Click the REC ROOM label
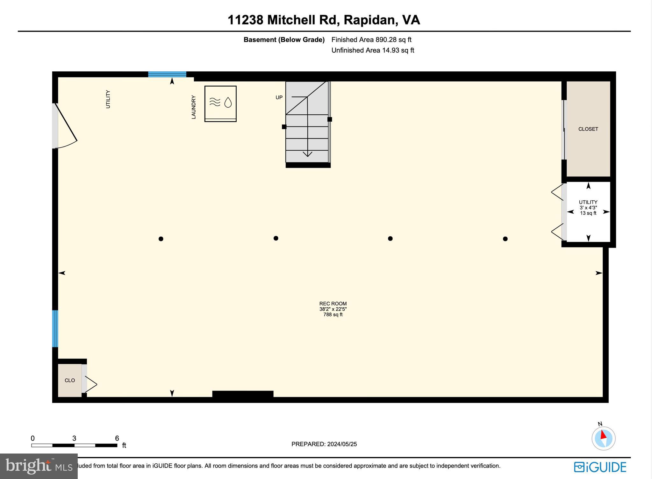333,304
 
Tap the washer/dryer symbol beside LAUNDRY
220,104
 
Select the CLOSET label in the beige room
588,129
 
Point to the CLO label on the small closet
70,380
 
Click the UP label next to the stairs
279,97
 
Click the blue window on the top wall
167,74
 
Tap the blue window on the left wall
55,328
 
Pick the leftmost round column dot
161,239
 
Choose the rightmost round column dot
505,239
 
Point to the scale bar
74,445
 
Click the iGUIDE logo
600,467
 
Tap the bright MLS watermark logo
39,466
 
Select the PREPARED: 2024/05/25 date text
324,444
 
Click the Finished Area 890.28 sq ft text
371,40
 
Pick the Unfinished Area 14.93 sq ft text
373,50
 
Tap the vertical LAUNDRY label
194,107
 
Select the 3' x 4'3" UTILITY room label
588,208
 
